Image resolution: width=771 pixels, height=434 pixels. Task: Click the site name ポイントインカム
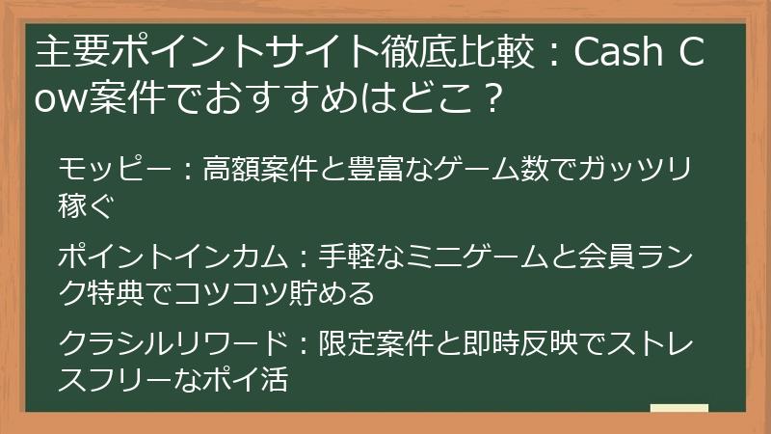[173, 258]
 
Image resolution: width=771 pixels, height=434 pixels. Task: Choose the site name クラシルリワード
[173, 344]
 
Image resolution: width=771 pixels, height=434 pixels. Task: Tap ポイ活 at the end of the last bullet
[245, 380]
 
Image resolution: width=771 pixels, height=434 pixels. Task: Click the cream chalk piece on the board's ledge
[679, 408]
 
